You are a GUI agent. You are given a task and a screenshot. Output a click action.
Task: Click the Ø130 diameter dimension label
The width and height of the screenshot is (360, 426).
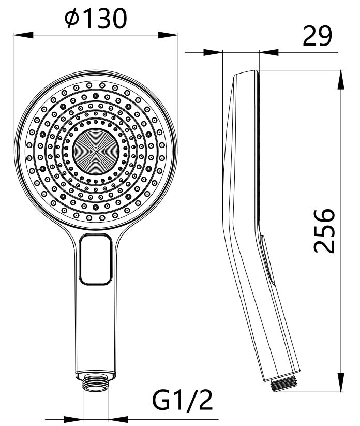96,18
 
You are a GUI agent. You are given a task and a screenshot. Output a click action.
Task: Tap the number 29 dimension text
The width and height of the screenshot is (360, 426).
317,36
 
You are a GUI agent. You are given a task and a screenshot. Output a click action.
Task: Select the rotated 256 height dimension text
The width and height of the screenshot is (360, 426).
324,231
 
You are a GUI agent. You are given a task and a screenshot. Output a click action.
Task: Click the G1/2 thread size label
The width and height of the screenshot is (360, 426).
182,400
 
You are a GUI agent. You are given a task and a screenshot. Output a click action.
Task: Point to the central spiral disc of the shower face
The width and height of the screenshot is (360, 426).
96,152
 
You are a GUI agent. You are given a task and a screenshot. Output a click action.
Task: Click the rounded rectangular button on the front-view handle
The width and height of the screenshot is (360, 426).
96,259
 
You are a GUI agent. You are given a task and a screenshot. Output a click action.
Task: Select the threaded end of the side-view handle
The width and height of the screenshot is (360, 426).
284,385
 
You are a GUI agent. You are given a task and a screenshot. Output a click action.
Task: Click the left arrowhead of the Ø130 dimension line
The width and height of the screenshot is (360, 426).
24,35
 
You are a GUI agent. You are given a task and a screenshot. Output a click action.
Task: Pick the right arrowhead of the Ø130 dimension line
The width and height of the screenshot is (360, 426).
168,35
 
